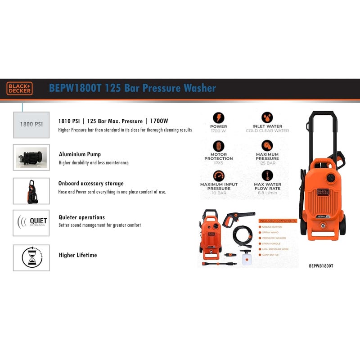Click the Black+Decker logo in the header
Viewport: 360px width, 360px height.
tap(19, 88)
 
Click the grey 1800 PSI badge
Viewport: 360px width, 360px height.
tap(31, 123)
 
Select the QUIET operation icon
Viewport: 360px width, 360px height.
tap(31, 223)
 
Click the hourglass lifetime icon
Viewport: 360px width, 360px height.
tap(31, 258)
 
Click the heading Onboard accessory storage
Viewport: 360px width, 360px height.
tap(91, 184)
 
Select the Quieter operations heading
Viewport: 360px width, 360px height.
tap(82, 217)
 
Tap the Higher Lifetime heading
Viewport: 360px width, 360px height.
tap(78, 255)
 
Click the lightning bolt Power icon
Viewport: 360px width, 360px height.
tap(219, 117)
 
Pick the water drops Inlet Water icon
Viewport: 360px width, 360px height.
tap(267, 117)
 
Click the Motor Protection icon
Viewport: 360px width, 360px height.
tap(219, 146)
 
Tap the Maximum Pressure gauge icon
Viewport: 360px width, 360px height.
tap(267, 146)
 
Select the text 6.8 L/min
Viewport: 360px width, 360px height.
tap(267, 193)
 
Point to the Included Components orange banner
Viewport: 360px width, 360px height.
tap(278, 221)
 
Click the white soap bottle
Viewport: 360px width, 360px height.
tap(246, 258)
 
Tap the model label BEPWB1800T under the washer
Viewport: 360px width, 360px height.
tap(321, 265)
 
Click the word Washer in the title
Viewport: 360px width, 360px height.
tap(197, 88)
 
